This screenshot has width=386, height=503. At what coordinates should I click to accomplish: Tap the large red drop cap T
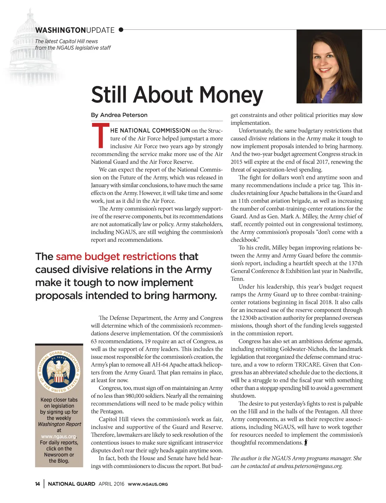[100, 136]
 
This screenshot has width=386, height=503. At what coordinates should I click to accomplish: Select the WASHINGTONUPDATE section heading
[75, 30]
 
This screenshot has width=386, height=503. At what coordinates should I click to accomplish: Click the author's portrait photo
[329, 66]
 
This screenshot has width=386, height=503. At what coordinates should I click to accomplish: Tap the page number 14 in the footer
[38, 484]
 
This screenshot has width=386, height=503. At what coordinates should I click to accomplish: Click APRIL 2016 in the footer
[111, 484]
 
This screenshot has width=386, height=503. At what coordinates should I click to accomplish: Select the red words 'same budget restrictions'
[116, 257]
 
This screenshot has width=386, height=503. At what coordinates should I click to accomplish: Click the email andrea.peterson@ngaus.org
[309, 466]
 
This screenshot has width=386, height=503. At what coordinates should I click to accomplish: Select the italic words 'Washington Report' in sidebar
[59, 424]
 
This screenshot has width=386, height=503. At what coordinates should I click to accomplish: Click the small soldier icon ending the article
[306, 443]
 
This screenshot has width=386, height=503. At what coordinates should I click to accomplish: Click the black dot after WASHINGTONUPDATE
[121, 30]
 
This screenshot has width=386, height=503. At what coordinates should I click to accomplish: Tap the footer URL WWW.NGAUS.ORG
[148, 484]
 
